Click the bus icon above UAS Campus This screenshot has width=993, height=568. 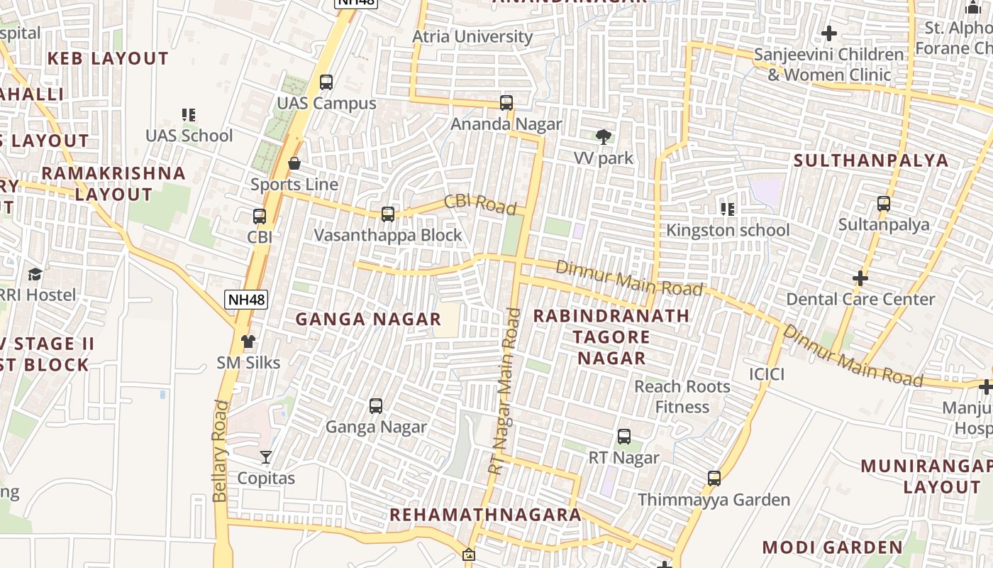(326, 82)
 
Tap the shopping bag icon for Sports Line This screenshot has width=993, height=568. (294, 164)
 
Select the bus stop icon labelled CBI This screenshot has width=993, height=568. (260, 217)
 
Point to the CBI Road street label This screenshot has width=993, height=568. (480, 204)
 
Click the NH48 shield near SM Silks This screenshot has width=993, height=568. (246, 300)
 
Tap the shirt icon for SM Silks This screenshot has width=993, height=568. (248, 342)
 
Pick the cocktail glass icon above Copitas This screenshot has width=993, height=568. (266, 457)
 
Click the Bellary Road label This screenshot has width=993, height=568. (221, 451)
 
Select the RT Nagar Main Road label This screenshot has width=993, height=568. (505, 390)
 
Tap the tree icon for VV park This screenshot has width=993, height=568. (604, 136)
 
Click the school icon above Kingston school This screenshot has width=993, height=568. (727, 209)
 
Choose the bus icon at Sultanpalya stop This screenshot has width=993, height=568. (884, 204)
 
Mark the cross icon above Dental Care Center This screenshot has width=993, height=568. (860, 278)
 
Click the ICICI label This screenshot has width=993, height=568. (767, 373)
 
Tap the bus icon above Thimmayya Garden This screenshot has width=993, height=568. (714, 479)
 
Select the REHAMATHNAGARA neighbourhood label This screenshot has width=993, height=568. (486, 515)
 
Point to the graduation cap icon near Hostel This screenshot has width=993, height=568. (35, 274)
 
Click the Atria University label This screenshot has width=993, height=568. (472, 36)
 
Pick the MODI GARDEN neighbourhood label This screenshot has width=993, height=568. (832, 547)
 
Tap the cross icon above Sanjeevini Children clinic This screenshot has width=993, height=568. (828, 33)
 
